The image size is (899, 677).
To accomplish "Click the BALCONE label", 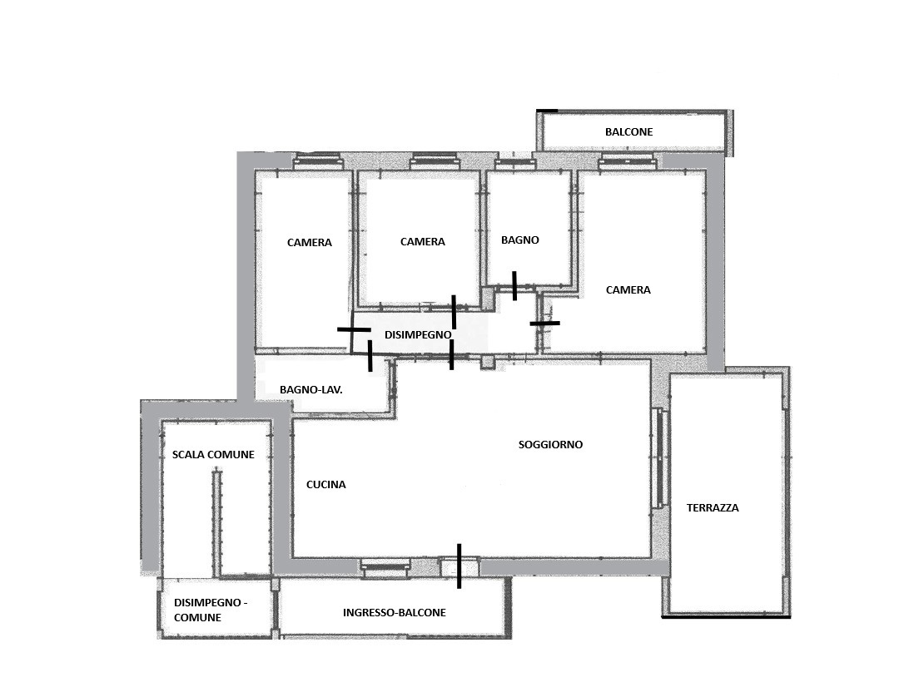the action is [629, 131].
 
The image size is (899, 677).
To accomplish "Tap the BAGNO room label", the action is [520, 240].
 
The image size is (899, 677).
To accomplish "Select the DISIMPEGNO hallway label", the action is [418, 334].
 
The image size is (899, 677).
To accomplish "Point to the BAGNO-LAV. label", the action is [311, 390].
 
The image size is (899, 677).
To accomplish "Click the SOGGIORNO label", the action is [550, 444].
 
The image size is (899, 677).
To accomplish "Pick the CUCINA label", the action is [326, 485].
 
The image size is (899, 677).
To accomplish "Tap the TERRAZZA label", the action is [713, 507].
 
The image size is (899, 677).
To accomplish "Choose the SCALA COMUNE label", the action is [213, 455].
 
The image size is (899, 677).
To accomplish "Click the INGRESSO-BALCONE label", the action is [395, 613].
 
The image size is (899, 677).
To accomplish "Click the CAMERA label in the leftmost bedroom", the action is [310, 243].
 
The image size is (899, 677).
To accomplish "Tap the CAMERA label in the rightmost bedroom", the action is [628, 290].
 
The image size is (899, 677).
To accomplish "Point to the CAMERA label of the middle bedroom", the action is [423, 242].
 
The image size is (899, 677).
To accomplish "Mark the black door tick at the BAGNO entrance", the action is [514, 286].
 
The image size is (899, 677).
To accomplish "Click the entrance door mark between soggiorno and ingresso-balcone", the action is [459, 566].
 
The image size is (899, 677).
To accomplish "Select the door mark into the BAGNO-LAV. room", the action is [370, 356].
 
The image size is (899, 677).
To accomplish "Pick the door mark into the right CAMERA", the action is [544, 324].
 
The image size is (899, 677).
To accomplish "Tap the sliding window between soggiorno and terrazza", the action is [659, 457].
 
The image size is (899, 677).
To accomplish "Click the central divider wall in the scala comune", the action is [216, 523].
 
